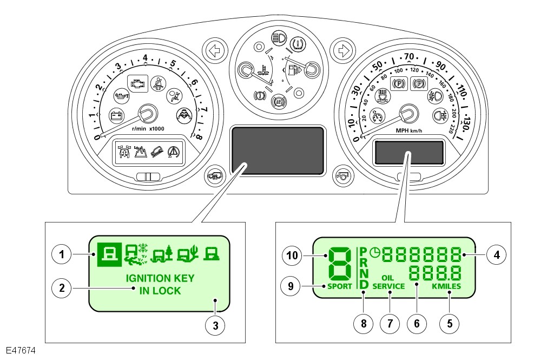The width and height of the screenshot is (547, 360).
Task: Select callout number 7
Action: pyautogui.click(x=389, y=323)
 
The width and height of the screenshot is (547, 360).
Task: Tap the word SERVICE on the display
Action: pyautogui.click(x=388, y=286)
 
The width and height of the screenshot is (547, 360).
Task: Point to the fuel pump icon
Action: pyautogui.click(x=293, y=69)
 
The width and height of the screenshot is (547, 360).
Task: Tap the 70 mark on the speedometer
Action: pyautogui.click(x=408, y=56)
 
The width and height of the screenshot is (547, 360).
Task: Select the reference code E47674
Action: pyautogui.click(x=22, y=351)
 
